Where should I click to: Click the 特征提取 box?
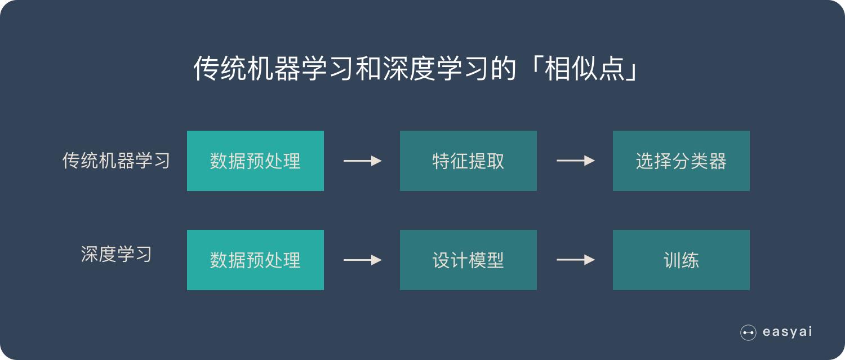468,161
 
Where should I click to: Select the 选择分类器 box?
681,161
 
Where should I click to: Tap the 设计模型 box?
468,260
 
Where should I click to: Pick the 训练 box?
681,260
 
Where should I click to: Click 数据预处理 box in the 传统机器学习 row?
255,161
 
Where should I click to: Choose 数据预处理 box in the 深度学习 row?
255,260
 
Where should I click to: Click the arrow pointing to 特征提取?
362,161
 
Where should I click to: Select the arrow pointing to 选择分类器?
575,161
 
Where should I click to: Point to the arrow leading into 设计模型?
362,260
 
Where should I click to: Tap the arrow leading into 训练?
575,260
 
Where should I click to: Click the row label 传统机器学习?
116,161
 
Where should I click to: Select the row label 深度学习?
116,254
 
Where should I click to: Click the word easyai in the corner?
787,332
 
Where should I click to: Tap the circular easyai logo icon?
748,332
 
